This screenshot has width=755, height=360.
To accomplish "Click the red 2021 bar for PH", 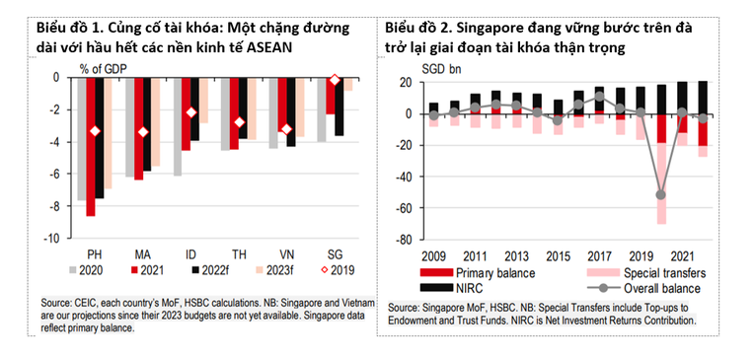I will click(91, 147).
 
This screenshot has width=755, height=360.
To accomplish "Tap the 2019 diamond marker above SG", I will click(335, 80).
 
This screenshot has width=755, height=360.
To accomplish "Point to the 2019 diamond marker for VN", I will click(287, 129).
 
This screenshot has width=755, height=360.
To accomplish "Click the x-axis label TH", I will click(239, 252).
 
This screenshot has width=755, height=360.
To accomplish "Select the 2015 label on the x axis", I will click(559, 253).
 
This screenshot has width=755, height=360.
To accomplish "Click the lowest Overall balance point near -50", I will click(659, 194).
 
